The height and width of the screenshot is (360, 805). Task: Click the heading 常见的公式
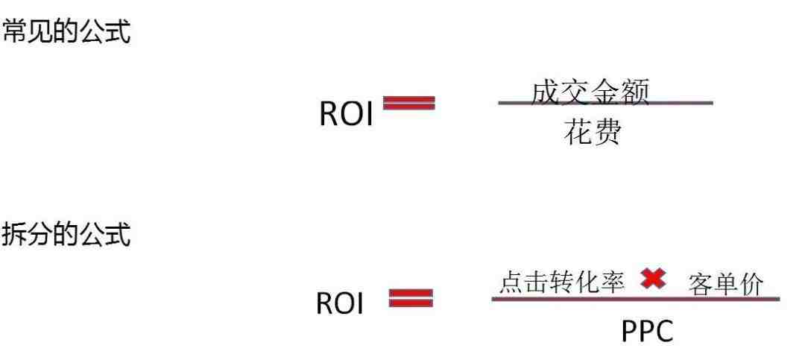coord(66,31)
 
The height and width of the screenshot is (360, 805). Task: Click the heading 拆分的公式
coord(66,234)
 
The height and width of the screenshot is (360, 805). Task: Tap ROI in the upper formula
coord(346,113)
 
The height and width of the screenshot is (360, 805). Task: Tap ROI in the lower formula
coord(339,303)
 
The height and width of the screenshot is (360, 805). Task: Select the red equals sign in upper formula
coord(409,103)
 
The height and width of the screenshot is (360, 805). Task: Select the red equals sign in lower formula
coord(411,298)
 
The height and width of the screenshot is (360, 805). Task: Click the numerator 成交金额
coord(590,92)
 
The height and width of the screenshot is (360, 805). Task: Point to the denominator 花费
coord(593,132)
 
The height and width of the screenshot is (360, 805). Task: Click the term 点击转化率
coord(562,282)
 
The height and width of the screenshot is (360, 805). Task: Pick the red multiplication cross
coord(653,279)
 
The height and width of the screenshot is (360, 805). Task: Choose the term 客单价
coord(726,285)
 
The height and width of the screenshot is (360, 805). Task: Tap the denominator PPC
coord(647,332)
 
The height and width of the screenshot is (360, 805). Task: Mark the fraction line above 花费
coord(605,103)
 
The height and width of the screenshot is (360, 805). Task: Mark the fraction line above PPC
coord(636,299)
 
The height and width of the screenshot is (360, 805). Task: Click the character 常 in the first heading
coord(14,31)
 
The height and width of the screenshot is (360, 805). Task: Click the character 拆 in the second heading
coord(14,234)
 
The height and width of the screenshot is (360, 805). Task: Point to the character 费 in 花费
coord(607,132)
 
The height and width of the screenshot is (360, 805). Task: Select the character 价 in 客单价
coord(751,285)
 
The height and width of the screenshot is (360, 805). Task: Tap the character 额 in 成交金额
coord(636,92)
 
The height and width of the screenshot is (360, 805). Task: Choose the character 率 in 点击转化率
coord(613,282)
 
